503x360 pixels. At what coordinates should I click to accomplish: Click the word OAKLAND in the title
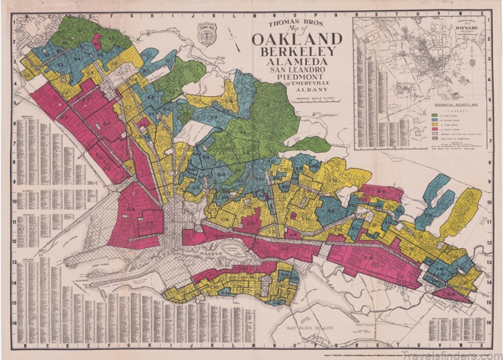pos(297,39)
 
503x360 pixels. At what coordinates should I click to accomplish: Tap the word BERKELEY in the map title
pos(297,53)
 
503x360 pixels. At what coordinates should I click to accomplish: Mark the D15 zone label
pos(284,249)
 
